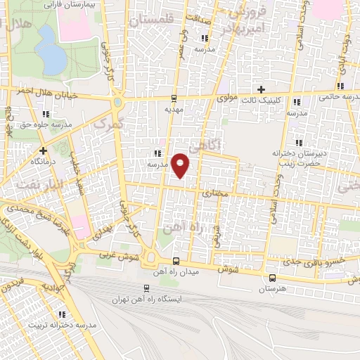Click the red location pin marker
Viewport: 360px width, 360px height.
[181, 165]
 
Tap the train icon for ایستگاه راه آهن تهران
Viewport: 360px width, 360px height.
[146, 288]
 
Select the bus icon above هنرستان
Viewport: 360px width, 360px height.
[272, 278]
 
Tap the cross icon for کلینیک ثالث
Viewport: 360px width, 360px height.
[261, 89]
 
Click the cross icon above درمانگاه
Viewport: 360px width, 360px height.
[44, 150]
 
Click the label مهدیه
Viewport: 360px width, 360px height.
[174, 110]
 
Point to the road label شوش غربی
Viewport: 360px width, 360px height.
[117, 255]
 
